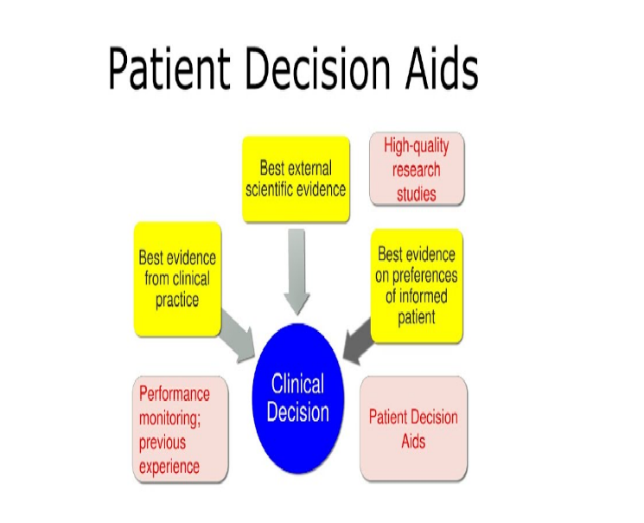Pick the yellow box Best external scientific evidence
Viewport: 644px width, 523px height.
296,179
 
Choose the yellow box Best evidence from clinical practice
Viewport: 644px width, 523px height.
177,278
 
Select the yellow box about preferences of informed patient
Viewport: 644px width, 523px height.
418,285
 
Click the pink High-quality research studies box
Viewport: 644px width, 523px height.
417,169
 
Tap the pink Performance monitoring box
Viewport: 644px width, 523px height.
181,430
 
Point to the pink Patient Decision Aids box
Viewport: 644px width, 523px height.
413,428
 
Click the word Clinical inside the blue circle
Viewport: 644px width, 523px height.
297,385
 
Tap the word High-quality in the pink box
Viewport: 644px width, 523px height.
417,145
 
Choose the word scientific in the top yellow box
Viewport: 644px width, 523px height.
271,189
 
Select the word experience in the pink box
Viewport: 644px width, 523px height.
169,467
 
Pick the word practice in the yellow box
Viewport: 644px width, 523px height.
177,300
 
